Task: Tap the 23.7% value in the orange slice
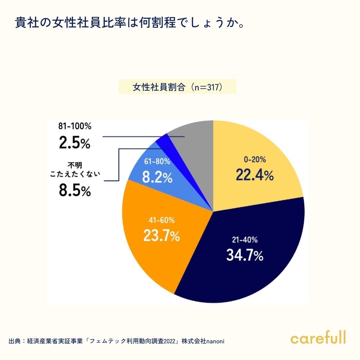click(x=162, y=235)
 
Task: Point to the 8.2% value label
click(x=157, y=177)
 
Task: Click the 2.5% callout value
click(x=74, y=142)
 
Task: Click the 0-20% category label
click(x=255, y=160)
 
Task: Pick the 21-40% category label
click(x=245, y=240)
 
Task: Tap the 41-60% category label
click(x=162, y=221)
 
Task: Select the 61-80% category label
click(x=157, y=162)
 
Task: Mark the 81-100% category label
click(x=74, y=127)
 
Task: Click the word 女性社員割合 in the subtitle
click(x=158, y=87)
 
